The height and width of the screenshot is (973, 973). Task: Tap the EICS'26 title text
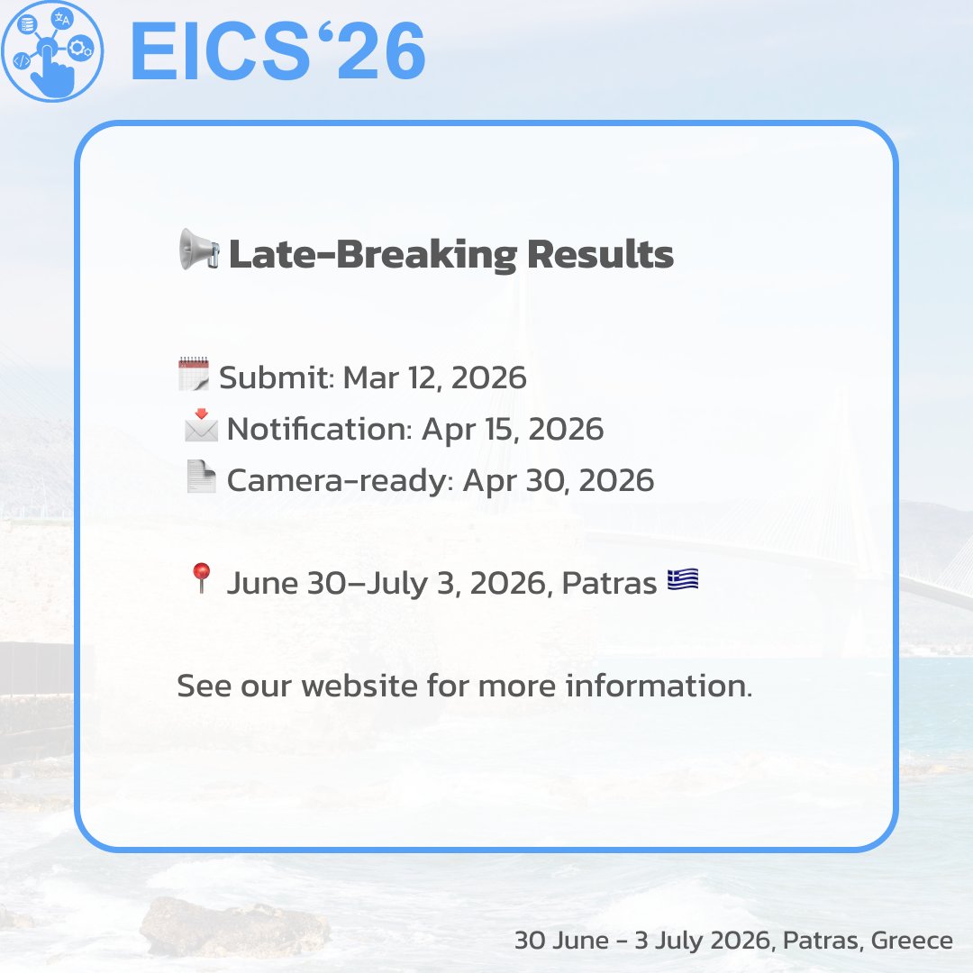coord(277,52)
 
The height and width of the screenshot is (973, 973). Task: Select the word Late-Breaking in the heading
coord(373,255)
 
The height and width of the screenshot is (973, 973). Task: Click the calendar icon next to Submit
coord(193,374)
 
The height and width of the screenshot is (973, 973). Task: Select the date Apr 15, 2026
coord(513,430)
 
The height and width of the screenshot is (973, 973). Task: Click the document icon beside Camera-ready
coord(200,477)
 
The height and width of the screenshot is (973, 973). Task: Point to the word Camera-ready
coord(338,481)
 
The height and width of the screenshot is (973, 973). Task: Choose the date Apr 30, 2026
coord(559,481)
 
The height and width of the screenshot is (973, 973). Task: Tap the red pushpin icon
coord(201,578)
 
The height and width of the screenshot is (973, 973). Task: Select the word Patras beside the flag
coord(609,584)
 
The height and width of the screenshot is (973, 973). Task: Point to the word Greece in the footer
coord(911,941)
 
